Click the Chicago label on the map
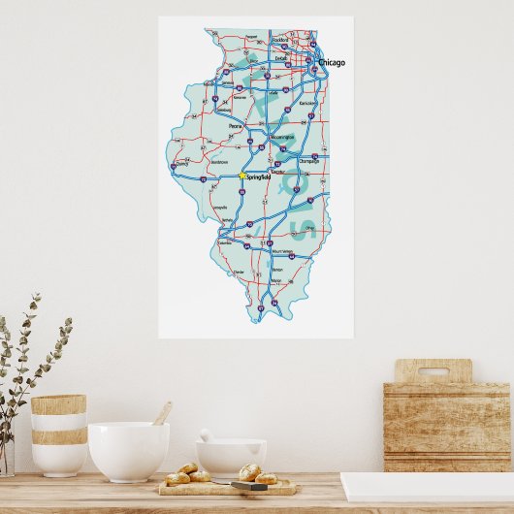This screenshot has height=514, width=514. (332, 63)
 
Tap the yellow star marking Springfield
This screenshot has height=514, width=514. (241, 176)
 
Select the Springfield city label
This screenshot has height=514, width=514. (258, 177)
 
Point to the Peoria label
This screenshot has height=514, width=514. (235, 126)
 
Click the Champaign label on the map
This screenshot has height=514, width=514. (309, 161)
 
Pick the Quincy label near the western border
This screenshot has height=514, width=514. (180, 164)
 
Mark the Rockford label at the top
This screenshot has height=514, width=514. (280, 40)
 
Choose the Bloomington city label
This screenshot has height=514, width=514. (280, 139)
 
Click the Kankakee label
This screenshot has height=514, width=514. (308, 102)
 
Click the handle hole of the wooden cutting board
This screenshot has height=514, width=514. (433, 370)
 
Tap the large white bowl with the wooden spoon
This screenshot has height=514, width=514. (128, 451)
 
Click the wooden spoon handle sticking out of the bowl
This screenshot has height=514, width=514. (162, 413)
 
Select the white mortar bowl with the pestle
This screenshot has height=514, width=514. (230, 456)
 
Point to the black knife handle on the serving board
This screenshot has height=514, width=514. (248, 487)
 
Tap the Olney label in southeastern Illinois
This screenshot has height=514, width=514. (309, 230)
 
